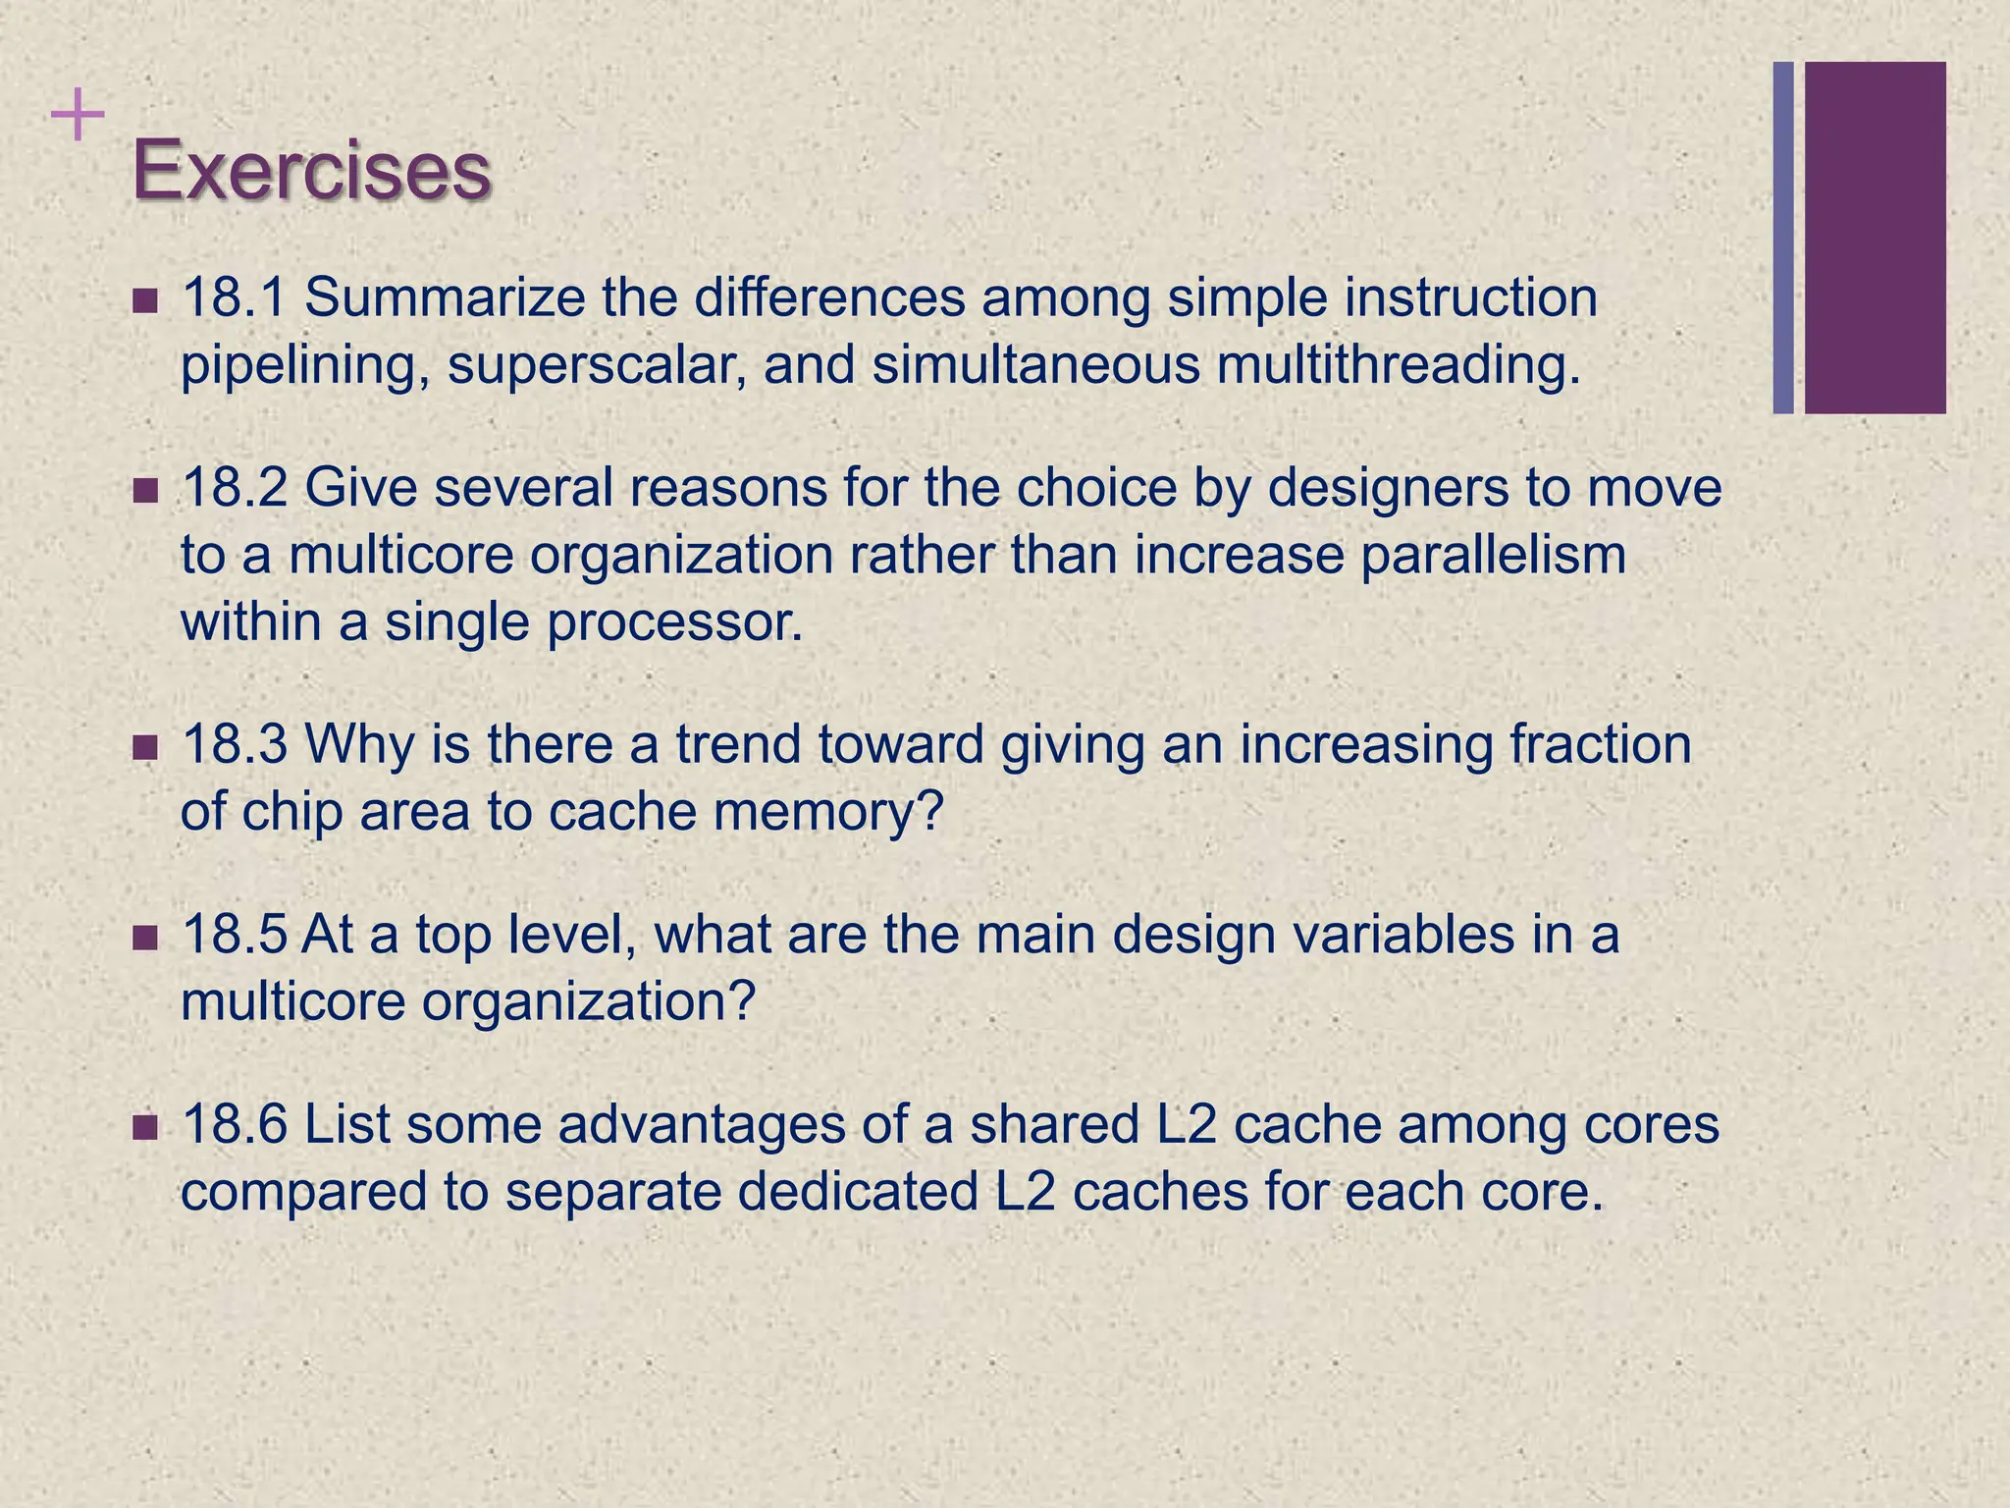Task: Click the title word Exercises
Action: click(x=311, y=171)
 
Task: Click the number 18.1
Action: click(x=235, y=297)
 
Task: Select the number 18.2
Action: click(x=235, y=488)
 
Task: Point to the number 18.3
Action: click(x=235, y=744)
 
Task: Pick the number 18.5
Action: click(x=235, y=935)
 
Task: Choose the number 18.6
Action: click(x=235, y=1125)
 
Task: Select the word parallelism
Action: click(x=1493, y=556)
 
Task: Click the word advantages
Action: click(x=702, y=1125)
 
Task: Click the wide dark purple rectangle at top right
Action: click(x=1875, y=238)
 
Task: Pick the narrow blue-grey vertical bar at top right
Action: click(x=1783, y=238)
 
